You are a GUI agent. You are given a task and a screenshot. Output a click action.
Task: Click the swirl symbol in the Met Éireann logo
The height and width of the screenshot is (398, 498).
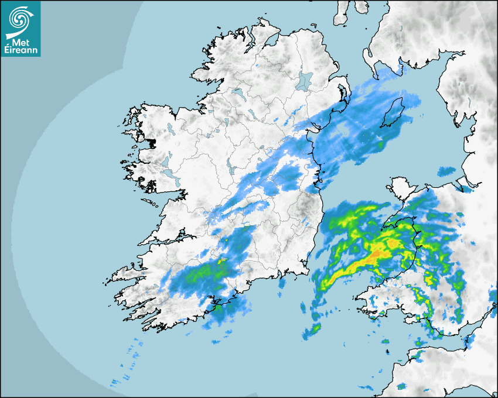tap(19, 19)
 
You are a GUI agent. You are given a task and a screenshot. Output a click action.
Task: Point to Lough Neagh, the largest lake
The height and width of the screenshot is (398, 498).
tap(305, 81)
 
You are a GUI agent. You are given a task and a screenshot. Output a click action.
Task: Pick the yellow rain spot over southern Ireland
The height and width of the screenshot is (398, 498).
tap(222, 262)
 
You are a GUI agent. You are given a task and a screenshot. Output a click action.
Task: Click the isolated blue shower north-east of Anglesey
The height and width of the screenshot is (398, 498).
tap(446, 171)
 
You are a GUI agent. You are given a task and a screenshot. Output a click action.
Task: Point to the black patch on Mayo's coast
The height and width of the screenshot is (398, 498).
tap(154, 142)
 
